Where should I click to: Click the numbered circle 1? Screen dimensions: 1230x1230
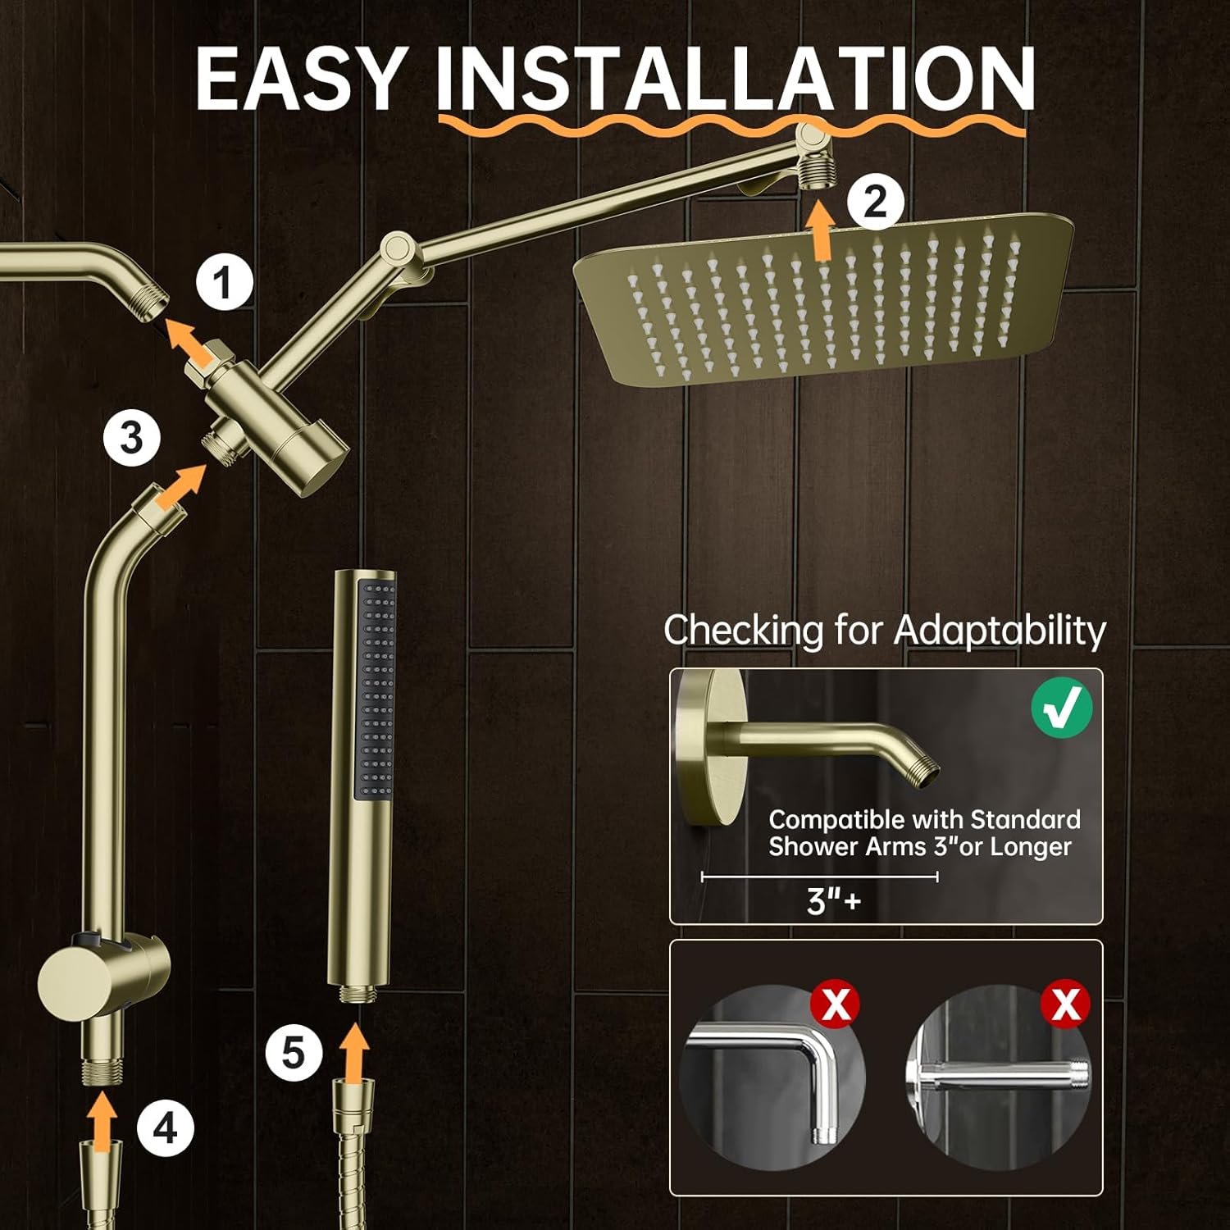coord(223,283)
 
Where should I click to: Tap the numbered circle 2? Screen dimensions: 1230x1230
coord(876,201)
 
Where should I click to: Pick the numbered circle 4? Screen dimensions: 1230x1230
coord(165,1128)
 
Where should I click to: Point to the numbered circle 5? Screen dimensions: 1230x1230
coord(293,1053)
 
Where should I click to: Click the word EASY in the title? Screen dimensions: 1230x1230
coord(301,79)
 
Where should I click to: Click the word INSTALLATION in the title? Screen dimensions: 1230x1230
coord(736,79)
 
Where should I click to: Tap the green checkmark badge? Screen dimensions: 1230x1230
coord(1061,707)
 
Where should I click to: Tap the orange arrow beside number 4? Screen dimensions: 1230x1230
coord(102,1122)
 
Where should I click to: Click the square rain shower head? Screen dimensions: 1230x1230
coord(823,299)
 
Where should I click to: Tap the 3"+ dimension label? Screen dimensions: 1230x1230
coord(833,900)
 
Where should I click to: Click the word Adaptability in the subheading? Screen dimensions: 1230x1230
coord(1000,631)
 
